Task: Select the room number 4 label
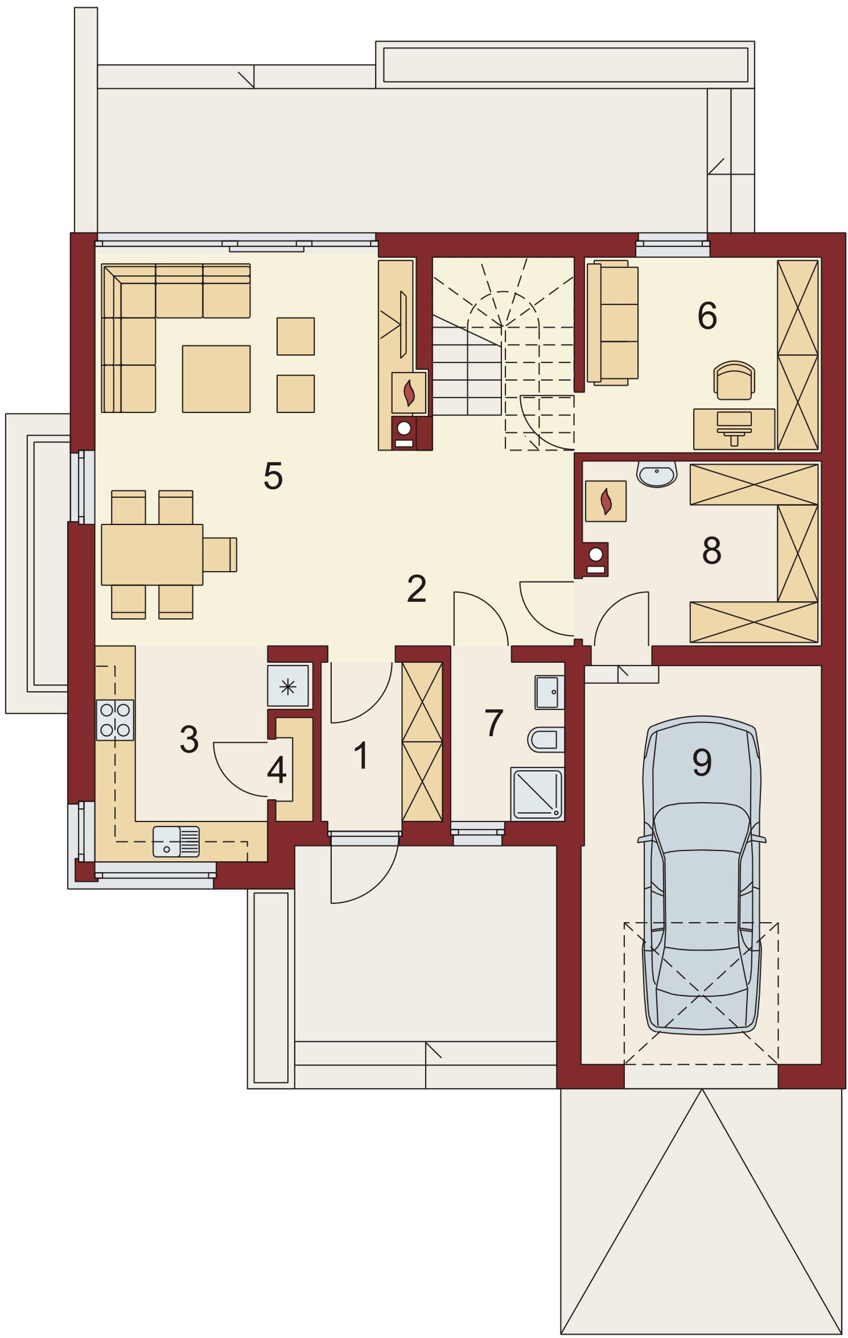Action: coord(277,770)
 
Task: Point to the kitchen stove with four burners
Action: coord(115,720)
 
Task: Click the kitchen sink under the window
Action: coord(176,841)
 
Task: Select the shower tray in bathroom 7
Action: coord(537,794)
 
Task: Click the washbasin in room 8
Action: coord(657,473)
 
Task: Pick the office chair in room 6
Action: coord(734,380)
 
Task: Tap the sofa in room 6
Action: coord(612,323)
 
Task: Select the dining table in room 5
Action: coord(152,554)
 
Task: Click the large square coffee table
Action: coord(216,378)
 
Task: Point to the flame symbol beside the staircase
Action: coord(409,393)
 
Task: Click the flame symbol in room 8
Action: coord(606,501)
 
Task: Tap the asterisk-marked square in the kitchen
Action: coord(288,686)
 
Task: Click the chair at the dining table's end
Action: coord(220,554)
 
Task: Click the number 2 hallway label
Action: coord(417,589)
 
